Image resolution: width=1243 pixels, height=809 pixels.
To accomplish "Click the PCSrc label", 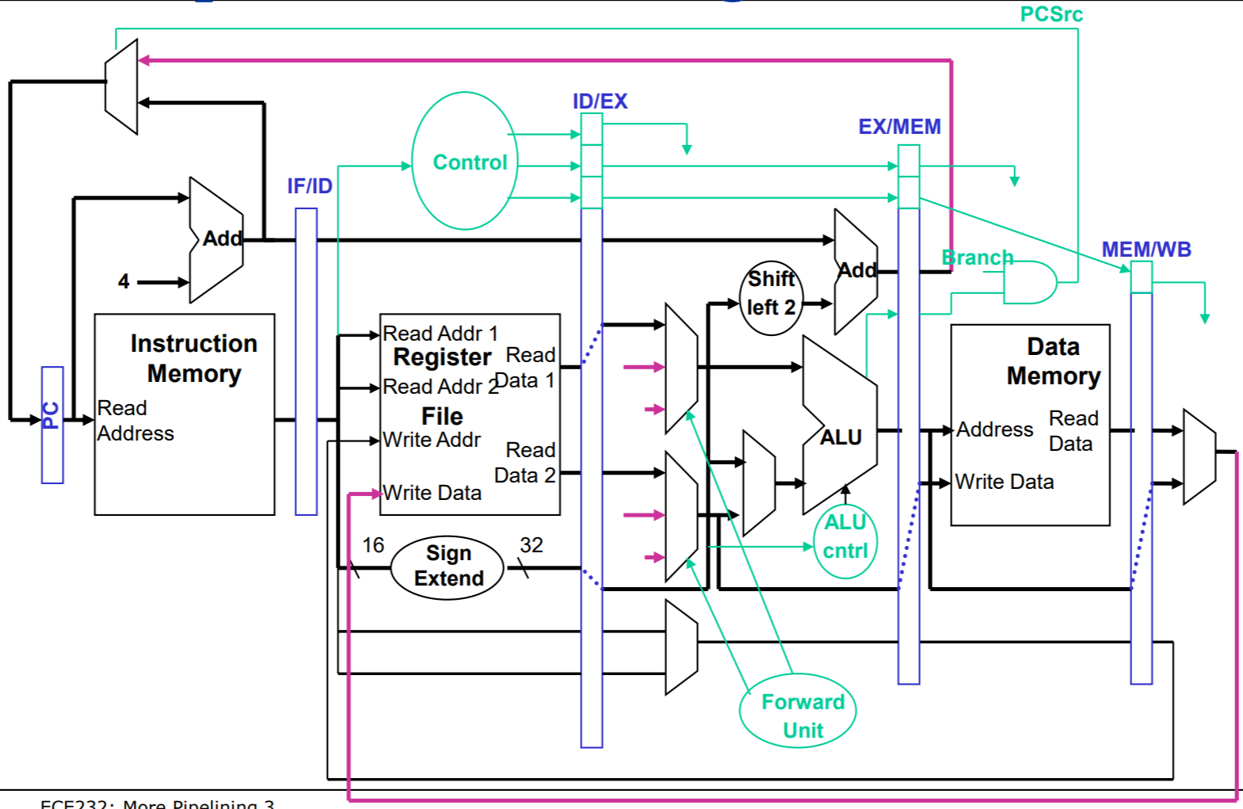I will pos(1050,14).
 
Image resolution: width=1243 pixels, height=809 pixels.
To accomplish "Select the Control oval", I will pos(465,162).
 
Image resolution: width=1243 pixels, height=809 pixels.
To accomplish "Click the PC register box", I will pos(52,425).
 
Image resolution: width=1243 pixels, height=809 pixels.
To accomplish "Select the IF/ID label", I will pos(310,186).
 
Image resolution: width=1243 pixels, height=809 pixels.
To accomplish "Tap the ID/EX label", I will pos(600,101).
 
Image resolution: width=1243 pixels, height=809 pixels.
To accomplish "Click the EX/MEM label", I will pos(899,127).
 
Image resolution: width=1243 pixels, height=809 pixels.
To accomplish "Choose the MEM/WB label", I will pos(1146,250).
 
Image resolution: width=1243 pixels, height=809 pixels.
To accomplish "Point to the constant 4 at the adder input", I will pos(124,281).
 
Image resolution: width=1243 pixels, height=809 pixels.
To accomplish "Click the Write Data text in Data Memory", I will pos(1004,482).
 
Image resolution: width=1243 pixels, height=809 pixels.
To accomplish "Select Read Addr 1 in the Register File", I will pos(440,334).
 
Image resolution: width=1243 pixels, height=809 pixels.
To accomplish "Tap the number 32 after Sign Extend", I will pos(531,545).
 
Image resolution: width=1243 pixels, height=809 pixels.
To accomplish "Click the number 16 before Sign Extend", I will pos(373,545).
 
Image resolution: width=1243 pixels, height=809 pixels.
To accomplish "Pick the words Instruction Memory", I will pos(194,358).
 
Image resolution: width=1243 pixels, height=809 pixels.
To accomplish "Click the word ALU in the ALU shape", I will pos(841,437).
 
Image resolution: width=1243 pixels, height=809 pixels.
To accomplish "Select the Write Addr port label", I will pos(432,440).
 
